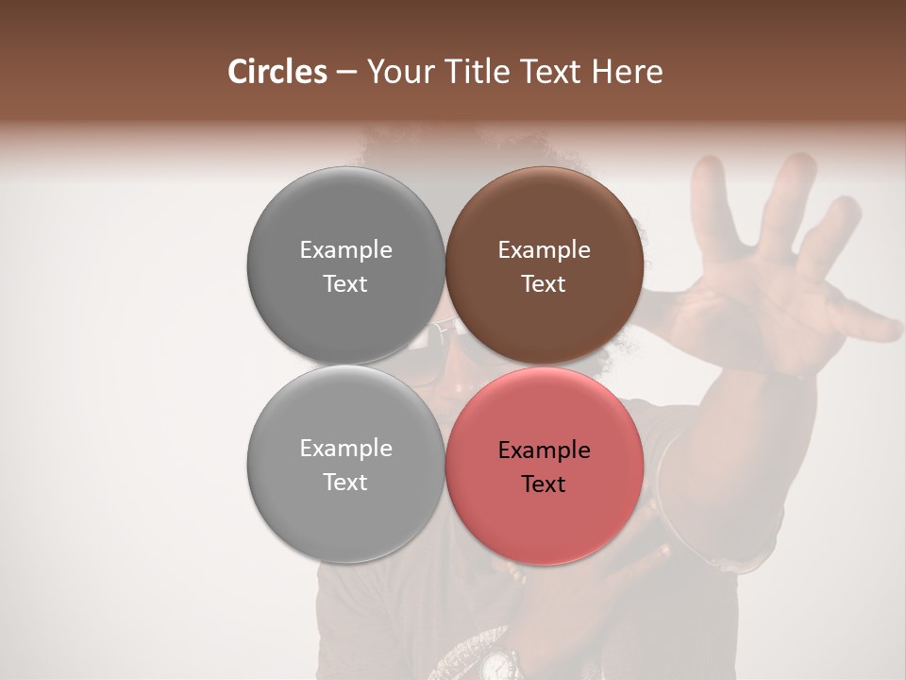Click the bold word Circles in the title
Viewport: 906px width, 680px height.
277,72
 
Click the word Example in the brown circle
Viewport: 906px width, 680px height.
544,249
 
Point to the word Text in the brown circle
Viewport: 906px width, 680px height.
544,283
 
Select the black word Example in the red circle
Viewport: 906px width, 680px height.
544,450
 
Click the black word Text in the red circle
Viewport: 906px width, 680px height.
544,484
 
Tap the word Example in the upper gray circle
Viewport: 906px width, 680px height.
345,249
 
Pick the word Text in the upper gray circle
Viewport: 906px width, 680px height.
345,283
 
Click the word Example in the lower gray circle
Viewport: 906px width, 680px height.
345,448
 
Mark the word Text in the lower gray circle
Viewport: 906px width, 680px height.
345,482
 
